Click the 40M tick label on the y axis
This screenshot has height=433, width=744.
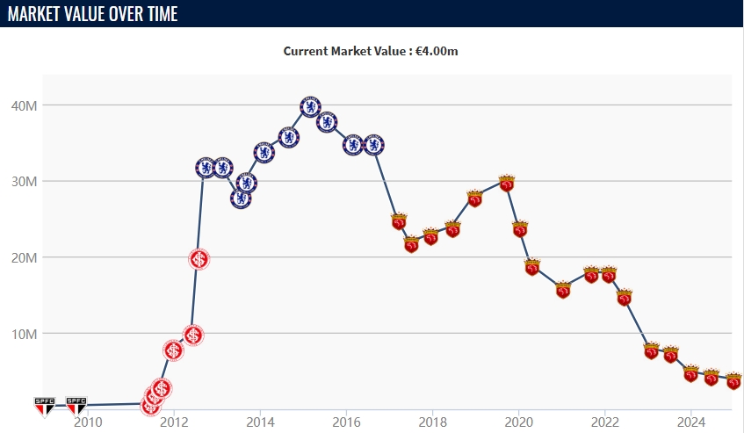(23, 105)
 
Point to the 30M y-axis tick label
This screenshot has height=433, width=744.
(23, 182)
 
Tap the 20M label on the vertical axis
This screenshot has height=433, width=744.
(23, 257)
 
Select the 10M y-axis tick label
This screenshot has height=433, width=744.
(23, 334)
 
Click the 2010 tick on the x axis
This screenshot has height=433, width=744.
(87, 422)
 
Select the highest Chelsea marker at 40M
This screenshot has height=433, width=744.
(310, 107)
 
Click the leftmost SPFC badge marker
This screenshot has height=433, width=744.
(44, 405)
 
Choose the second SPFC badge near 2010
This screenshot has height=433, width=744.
(76, 405)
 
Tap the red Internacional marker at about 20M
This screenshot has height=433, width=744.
(199, 259)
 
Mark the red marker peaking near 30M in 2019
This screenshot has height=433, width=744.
(506, 183)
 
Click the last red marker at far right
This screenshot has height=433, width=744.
(733, 381)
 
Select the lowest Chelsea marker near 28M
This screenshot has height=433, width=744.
(241, 198)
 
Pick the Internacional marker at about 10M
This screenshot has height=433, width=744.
(194, 336)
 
